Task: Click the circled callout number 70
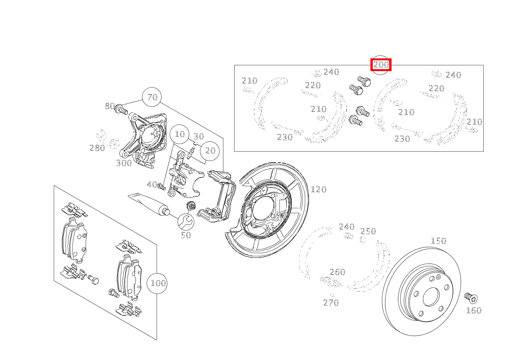(152, 97)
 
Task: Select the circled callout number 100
(158, 284)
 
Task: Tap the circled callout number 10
(180, 134)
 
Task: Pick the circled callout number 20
(210, 151)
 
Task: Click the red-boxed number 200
(381, 65)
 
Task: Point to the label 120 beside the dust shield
(318, 189)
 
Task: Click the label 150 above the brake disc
(438, 241)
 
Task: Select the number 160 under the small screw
(473, 310)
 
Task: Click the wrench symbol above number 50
(186, 221)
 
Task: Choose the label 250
(368, 231)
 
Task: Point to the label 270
(331, 303)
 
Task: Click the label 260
(337, 272)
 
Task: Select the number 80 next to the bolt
(110, 106)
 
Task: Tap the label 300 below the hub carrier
(124, 163)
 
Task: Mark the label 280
(97, 148)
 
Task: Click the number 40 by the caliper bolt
(152, 185)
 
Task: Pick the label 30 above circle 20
(198, 136)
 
